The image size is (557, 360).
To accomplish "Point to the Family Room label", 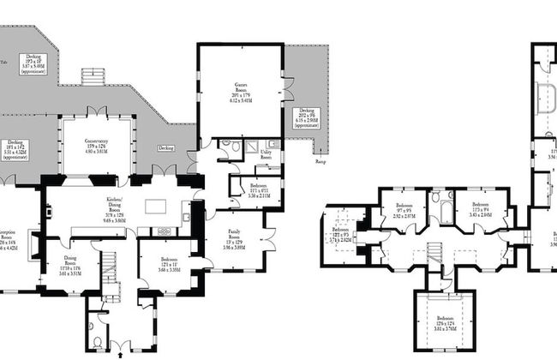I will click(234, 237).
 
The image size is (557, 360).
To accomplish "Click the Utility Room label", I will click(266, 156).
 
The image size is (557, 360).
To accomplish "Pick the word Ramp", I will click(320, 161).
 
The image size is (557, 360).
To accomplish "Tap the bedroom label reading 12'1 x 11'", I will click(168, 264).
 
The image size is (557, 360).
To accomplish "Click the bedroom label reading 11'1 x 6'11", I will click(259, 189).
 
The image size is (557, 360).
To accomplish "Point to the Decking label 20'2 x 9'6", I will click(306, 118).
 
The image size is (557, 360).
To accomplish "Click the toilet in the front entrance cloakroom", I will click(97, 342).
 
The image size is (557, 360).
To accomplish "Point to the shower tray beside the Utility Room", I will click(253, 147).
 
